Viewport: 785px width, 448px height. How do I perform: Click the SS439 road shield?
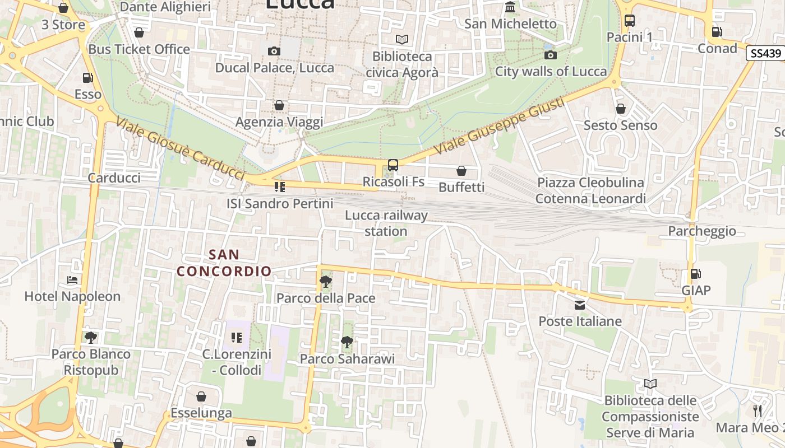765,53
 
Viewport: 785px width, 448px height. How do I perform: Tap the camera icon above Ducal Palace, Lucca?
274,52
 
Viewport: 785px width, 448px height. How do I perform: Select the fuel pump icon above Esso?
87,78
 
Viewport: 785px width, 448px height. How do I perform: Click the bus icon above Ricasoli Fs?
393,165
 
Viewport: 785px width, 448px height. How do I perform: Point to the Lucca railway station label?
386,223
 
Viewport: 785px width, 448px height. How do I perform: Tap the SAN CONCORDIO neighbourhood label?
224,263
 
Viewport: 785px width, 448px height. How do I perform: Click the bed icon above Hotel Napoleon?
72,280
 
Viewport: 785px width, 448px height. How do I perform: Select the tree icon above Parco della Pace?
325,282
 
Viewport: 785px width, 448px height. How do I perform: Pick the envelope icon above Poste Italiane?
580,305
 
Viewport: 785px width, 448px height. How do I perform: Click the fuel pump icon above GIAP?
695,274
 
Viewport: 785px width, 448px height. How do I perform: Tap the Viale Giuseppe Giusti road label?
499,126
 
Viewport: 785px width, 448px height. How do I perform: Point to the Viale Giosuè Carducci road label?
181,148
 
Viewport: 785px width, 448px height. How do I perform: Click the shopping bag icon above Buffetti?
461,171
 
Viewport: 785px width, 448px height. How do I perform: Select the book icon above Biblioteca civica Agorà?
402,40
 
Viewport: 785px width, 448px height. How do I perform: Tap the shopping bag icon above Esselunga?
201,397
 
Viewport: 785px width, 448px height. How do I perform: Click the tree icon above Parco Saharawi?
347,342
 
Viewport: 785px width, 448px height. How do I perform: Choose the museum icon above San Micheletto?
510,7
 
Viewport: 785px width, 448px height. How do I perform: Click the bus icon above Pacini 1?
630,21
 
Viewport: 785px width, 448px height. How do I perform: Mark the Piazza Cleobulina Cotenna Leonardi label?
590,190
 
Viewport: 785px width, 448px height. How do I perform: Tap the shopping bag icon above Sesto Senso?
620,109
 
